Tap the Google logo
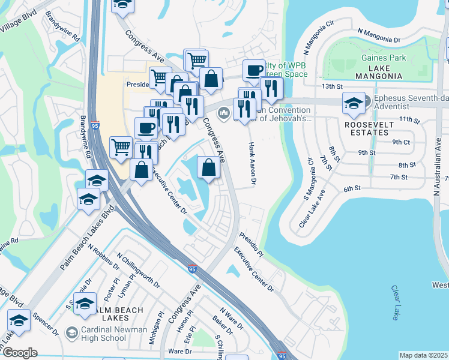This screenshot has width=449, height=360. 20,352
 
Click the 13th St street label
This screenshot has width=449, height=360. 331,86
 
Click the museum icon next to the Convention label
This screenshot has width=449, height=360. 224,112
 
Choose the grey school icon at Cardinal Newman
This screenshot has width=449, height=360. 72,332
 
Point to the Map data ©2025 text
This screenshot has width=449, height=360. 423,355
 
